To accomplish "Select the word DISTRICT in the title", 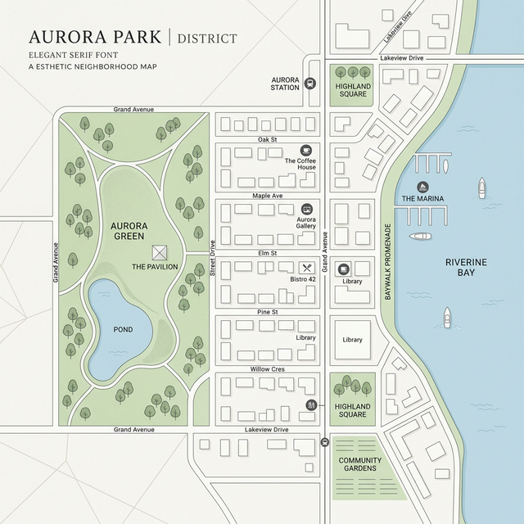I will tap(207, 38).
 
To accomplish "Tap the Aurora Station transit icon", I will tap(309, 82).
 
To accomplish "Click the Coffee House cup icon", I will tap(306, 150).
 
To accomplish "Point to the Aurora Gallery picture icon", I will tap(306, 209).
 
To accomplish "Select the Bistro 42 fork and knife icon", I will tap(307, 268).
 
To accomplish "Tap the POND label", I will tap(123, 329).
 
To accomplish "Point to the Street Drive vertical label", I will tap(212, 258).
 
